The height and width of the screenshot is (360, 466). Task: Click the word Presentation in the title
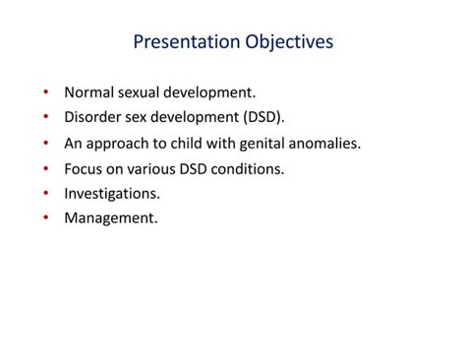coord(182,42)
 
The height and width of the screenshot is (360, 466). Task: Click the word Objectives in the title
coord(285,42)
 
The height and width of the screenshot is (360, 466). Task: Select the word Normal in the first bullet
coord(88,93)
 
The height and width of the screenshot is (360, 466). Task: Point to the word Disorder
coord(93,118)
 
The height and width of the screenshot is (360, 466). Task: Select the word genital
coord(268,144)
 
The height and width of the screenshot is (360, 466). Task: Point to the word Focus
coord(84,169)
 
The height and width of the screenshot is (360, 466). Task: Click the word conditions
coord(250,169)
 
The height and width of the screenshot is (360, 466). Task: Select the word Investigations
coord(111,194)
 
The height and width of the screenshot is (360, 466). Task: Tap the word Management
coord(110,218)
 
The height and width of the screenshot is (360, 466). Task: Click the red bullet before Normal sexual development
coord(46,93)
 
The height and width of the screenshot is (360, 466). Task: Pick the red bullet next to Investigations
coord(46,194)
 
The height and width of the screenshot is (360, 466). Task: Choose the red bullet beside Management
coord(46,218)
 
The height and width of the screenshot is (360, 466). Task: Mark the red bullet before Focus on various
coord(46,169)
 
